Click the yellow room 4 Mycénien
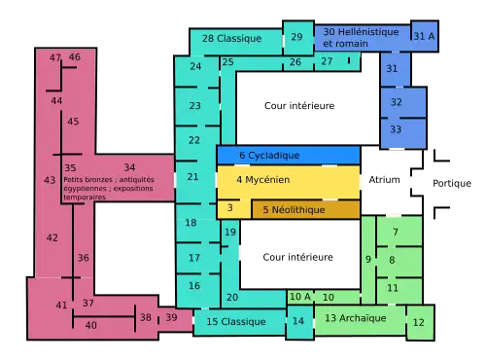[x=288, y=181]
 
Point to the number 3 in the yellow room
[x=229, y=207]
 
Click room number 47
[x=55, y=57]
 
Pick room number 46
[x=75, y=57]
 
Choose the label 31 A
[x=424, y=35]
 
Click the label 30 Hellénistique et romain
[x=362, y=37]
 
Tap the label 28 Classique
[x=232, y=38]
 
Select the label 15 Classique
[x=236, y=321]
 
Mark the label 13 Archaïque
[x=355, y=318]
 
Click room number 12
[x=419, y=322]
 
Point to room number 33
[x=396, y=128]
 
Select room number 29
[x=296, y=37]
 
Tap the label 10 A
[x=300, y=297]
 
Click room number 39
[x=171, y=317]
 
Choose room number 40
[x=91, y=325]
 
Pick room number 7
[x=396, y=233]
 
